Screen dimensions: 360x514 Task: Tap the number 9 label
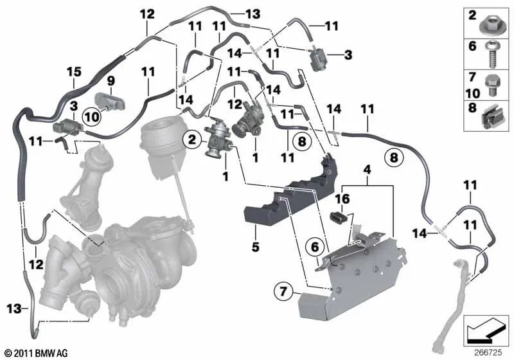(110, 81)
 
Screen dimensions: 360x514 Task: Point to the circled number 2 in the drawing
(190, 137)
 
